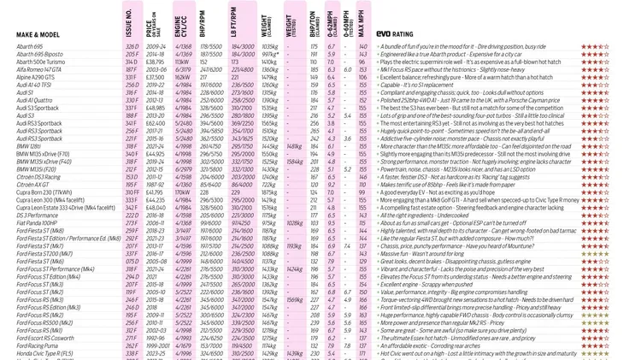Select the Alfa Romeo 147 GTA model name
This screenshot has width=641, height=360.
click(x=39, y=69)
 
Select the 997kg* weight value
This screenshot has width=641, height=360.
click(x=269, y=55)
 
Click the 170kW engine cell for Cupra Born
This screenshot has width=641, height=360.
click(x=181, y=192)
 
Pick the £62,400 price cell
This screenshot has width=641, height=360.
click(x=156, y=123)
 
